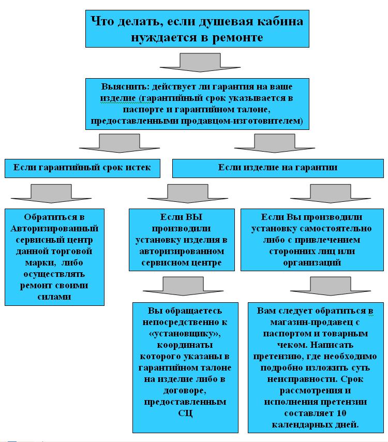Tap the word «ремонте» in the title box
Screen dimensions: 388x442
tap(237, 37)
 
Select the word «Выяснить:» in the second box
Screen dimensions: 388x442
tap(125, 86)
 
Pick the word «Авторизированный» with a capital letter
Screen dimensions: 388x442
tap(54, 228)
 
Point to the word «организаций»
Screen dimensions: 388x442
tap(312, 263)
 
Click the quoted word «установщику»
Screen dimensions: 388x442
tap(185, 334)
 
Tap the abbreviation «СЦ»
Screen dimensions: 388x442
tap(185, 413)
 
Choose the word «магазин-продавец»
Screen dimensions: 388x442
tap(311, 322)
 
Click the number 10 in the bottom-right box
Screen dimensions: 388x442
tap(341, 413)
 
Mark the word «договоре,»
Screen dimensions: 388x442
tap(185, 391)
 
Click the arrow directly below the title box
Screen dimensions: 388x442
tap(200, 62)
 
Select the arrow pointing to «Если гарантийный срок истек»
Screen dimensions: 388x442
tap(120, 143)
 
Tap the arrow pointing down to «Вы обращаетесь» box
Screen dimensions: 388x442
tap(183, 286)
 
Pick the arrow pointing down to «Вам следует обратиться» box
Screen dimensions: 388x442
tap(331, 286)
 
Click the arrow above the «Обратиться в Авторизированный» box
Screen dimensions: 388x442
tap(51, 194)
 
